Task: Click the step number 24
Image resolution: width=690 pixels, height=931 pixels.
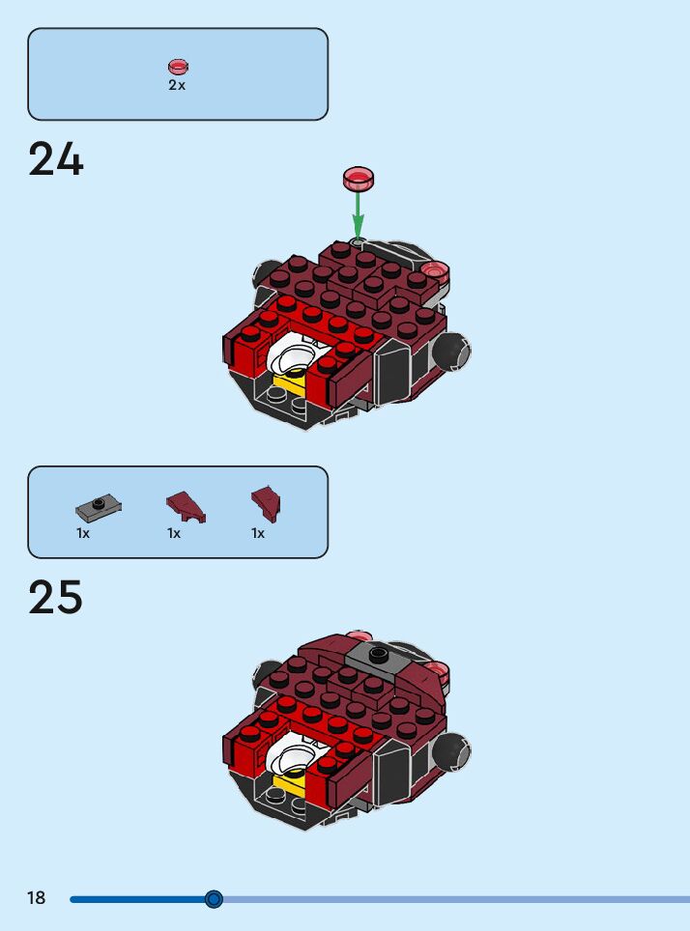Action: (x=56, y=159)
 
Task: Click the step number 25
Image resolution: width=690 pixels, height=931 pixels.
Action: (x=56, y=598)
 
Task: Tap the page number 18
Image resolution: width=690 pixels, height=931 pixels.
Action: (x=36, y=898)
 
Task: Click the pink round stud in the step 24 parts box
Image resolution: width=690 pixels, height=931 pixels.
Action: (x=178, y=67)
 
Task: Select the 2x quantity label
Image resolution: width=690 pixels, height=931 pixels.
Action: (x=177, y=85)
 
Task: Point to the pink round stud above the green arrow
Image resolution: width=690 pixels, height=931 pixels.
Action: (x=358, y=179)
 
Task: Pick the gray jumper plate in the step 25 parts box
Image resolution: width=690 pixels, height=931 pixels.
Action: (x=98, y=505)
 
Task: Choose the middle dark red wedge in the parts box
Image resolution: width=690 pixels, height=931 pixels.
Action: (x=185, y=505)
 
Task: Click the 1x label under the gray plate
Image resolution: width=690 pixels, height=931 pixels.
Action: (x=83, y=533)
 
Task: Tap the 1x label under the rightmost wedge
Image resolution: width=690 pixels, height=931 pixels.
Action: (x=258, y=533)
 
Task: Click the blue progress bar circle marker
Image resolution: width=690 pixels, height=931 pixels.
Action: (x=215, y=899)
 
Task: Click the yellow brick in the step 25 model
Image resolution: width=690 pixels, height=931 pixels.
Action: (x=288, y=784)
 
